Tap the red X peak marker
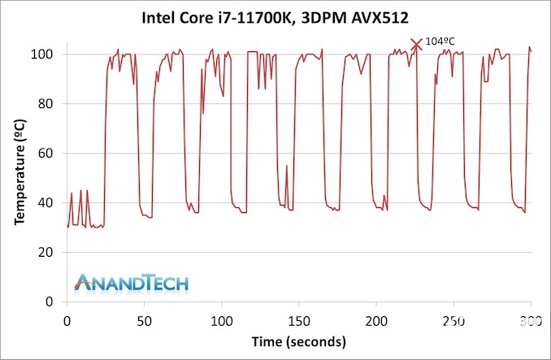click(x=417, y=44)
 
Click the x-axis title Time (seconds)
click(x=298, y=340)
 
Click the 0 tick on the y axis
click(x=51, y=302)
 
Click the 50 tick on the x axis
click(x=144, y=320)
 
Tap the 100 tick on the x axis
click(x=221, y=320)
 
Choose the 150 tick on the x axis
click(x=298, y=320)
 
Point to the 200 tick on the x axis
click(x=376, y=320)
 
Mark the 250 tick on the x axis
click(x=453, y=320)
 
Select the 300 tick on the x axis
click(x=530, y=320)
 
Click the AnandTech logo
click(x=131, y=282)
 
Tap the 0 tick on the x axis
click(x=67, y=320)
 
